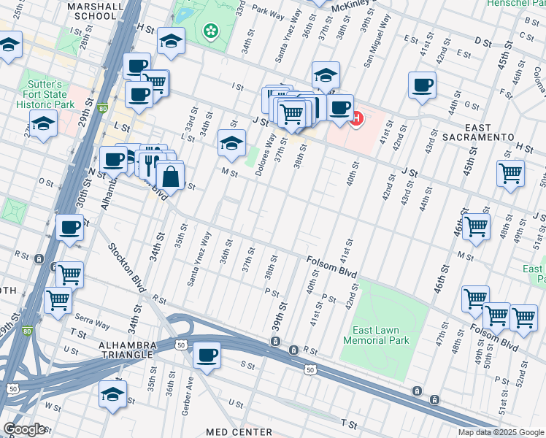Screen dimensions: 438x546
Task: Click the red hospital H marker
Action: click(x=356, y=118)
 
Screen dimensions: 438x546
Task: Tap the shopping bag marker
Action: click(x=169, y=175)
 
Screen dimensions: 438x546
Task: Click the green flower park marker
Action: click(x=211, y=30)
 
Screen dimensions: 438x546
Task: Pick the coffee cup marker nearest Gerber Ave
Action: click(x=207, y=356)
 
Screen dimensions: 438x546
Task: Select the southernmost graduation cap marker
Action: click(x=112, y=394)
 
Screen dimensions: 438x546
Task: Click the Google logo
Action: click(x=24, y=429)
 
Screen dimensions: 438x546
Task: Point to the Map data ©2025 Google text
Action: click(x=500, y=432)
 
